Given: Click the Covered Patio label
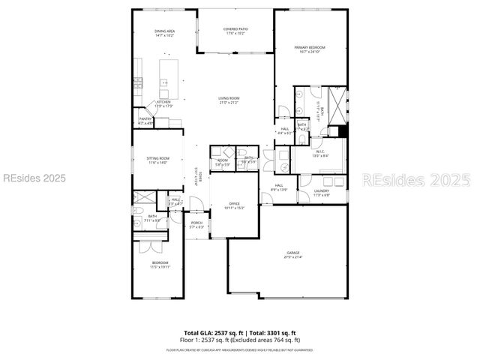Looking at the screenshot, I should click(235, 31).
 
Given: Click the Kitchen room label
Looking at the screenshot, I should click(163, 103).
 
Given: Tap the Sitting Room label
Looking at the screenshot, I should click(158, 160).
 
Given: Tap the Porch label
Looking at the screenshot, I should click(196, 225).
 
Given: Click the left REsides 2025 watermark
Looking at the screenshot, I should click(34, 178).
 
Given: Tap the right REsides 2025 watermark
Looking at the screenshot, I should click(417, 180).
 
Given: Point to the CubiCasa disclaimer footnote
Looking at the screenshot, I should click(240, 349).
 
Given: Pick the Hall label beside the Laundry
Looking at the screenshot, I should click(278, 187).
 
